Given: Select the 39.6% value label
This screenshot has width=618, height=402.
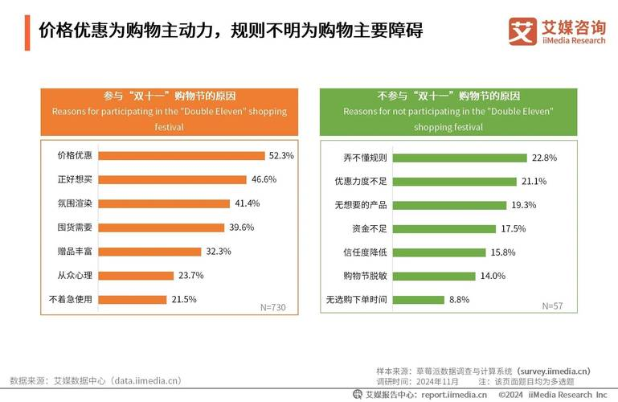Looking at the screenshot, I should tap(242, 228).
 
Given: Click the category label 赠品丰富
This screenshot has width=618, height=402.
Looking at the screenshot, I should tap(75, 252).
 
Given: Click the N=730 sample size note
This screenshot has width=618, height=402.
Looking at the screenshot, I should tap(273, 308).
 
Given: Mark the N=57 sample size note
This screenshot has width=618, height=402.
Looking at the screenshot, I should tap(553, 306).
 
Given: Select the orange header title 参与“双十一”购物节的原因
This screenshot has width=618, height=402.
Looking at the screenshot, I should tap(170, 96).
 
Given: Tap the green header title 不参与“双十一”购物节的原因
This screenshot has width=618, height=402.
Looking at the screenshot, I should tap(448, 96).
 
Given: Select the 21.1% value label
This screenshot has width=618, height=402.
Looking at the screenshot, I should tap(534, 181).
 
